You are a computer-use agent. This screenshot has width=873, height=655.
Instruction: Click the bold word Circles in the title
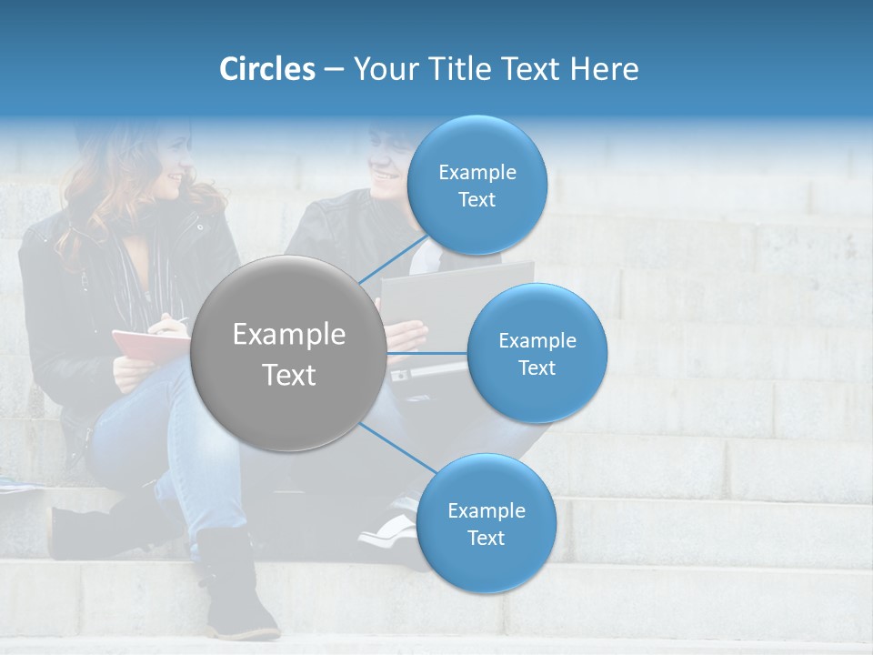point(266,69)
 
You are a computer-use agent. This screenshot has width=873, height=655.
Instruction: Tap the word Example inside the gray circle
point(288,335)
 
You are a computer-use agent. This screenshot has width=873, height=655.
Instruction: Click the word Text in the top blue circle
point(477,200)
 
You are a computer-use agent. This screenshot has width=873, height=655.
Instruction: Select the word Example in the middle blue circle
point(537,341)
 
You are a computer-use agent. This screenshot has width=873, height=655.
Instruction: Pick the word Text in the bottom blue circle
point(486,539)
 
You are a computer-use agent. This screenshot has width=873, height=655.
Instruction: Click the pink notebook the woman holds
point(145,344)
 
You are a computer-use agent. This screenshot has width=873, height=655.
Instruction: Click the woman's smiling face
point(173,168)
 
